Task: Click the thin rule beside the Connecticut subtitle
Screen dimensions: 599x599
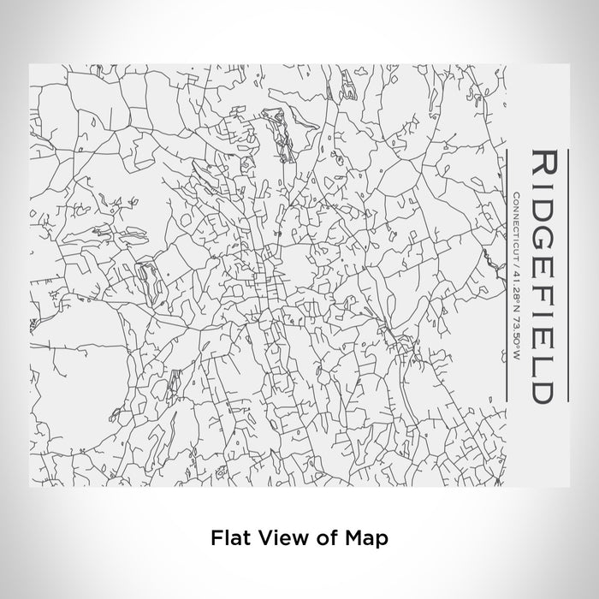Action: click(x=508, y=274)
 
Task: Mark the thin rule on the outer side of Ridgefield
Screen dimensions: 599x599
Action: click(x=565, y=274)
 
